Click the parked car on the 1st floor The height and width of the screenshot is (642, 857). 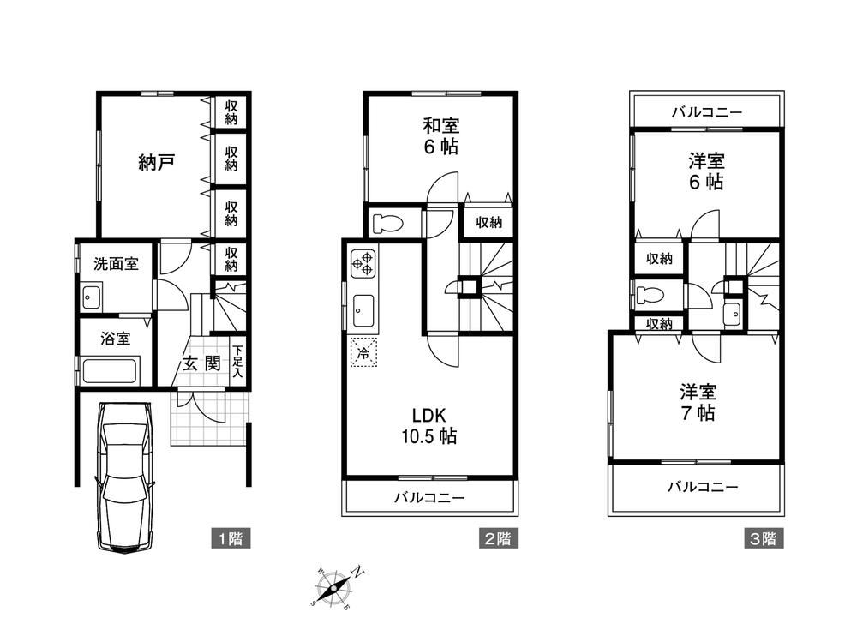pyautogui.click(x=124, y=477)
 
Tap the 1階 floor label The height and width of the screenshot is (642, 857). pyautogui.click(x=231, y=538)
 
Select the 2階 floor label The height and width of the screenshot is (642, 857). pyautogui.click(x=498, y=538)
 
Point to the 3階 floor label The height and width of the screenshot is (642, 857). pyautogui.click(x=763, y=538)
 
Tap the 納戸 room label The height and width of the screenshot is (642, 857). pyautogui.click(x=156, y=162)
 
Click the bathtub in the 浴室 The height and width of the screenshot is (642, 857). pyautogui.click(x=110, y=371)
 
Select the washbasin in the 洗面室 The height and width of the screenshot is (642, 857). pyautogui.click(x=90, y=297)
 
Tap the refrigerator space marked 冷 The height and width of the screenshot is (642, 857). pyautogui.click(x=363, y=353)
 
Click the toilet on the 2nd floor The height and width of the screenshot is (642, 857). pyautogui.click(x=387, y=223)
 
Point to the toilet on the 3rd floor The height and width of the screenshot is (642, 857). pyautogui.click(x=650, y=296)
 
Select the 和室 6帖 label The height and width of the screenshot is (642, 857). pyautogui.click(x=440, y=136)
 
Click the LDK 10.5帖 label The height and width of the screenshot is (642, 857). pyautogui.click(x=429, y=425)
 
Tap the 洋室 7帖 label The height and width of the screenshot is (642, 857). pyautogui.click(x=698, y=403)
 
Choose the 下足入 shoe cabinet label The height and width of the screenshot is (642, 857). pyautogui.click(x=237, y=362)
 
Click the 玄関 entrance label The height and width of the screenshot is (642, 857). pyautogui.click(x=201, y=363)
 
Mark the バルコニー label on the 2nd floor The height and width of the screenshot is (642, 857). pyautogui.click(x=429, y=497)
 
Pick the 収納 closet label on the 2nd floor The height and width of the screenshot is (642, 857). pyautogui.click(x=488, y=222)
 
